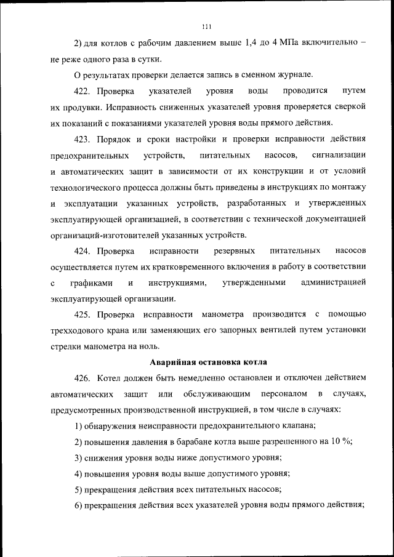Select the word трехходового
pos(78,331)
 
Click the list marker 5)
pos(78,489)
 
